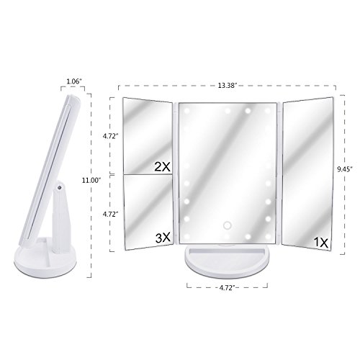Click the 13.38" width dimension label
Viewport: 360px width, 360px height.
click(x=228, y=86)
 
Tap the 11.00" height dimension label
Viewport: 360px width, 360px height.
click(x=91, y=181)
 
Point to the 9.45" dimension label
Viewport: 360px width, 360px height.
click(x=345, y=169)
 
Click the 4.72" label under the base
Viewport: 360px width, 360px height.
click(x=227, y=288)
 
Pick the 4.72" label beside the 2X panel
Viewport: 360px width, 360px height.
click(x=111, y=136)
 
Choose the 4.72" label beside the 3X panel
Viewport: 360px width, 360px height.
click(x=111, y=214)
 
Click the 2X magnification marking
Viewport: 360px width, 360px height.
click(x=162, y=166)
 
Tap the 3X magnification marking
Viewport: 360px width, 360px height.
click(x=163, y=238)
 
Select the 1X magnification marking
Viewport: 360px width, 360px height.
click(x=321, y=243)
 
